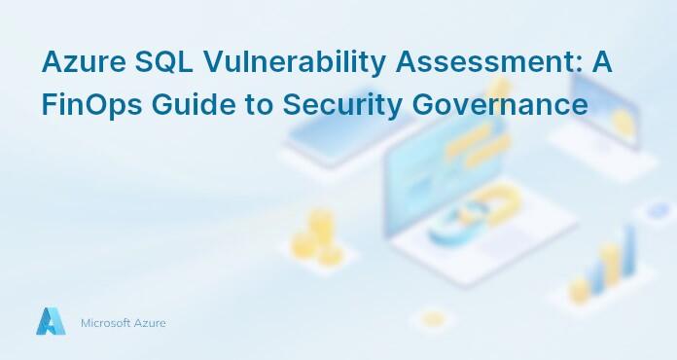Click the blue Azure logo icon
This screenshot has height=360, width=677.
pyautogui.click(x=51, y=322)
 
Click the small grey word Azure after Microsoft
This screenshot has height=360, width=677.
pyautogui.click(x=150, y=323)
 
